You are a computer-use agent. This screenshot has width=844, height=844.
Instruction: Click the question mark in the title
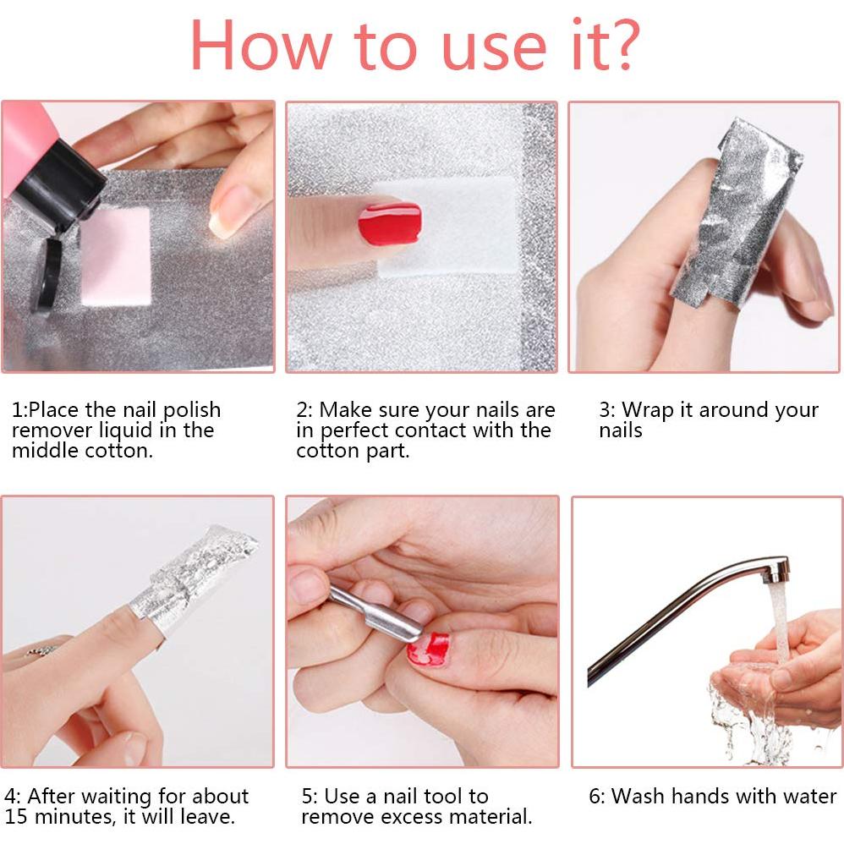(622, 45)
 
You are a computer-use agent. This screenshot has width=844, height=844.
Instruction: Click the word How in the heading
(260, 45)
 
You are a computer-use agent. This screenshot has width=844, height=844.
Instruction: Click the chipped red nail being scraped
(429, 649)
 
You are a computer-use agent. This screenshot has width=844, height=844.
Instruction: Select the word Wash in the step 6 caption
(639, 796)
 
